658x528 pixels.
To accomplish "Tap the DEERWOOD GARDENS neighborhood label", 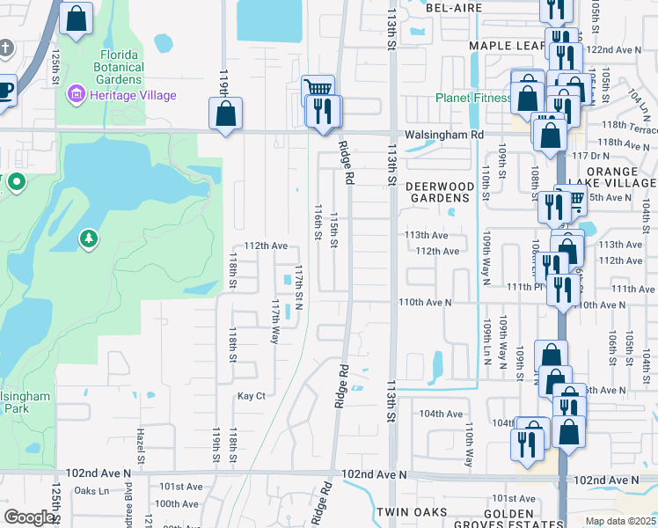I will point(444,192).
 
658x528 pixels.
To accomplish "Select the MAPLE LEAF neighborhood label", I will point(508,45).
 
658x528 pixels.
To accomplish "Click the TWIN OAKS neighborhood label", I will point(412,512).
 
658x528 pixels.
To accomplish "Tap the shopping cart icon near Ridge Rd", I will point(318,89).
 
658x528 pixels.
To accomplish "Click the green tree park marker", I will point(89,238).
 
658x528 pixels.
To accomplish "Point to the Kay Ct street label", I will point(252,396).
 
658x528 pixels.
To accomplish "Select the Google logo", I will point(29,517).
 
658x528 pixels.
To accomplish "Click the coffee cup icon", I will point(5,89).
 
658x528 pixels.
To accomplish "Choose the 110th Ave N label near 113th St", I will point(425,302).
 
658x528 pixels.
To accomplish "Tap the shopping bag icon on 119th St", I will point(225,114).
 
